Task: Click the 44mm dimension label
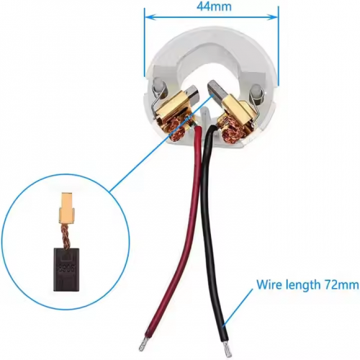(214, 6)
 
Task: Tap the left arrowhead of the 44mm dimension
(150, 17)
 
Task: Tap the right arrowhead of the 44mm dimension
(273, 17)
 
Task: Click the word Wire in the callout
(267, 284)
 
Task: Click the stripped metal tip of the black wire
(227, 348)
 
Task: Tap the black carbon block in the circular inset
(64, 270)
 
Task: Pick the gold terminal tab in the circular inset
(67, 207)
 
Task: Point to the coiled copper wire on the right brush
(233, 132)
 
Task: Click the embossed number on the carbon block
(66, 269)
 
